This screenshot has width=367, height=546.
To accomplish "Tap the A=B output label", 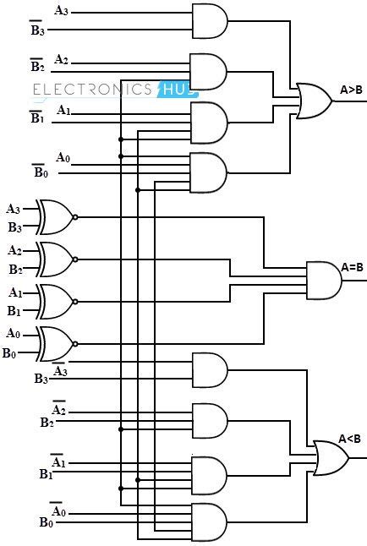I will (x=352, y=268).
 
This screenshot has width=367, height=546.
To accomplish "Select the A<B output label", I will (x=349, y=438).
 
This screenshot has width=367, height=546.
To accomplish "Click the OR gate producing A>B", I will (x=312, y=101).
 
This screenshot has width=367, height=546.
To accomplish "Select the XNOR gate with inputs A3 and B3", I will (x=55, y=217).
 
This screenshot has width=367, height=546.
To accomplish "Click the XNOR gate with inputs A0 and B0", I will (x=55, y=343).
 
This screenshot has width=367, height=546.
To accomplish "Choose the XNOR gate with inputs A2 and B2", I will (x=55, y=259).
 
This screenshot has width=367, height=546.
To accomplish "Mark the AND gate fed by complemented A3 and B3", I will (x=210, y=369).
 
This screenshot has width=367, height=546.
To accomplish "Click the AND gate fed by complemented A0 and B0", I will (x=209, y=519).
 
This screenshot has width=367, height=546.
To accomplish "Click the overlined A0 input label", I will (x=57, y=510).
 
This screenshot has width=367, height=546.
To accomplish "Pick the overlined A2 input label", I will (x=59, y=409).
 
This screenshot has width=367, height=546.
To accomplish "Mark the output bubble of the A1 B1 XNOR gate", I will (x=76, y=301).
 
